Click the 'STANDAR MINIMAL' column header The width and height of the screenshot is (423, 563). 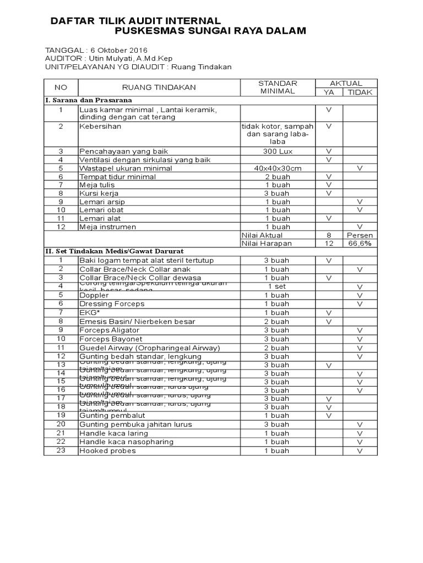278,87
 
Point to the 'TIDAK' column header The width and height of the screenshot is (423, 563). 360,92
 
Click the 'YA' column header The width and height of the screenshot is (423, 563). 329,92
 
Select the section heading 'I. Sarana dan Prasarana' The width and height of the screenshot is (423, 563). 89,101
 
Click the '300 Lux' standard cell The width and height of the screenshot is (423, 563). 278,151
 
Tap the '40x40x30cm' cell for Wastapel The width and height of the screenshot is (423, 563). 278,168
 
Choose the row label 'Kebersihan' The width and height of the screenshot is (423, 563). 101,126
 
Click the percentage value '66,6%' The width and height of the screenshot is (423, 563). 360,244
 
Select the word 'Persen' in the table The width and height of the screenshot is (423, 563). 360,235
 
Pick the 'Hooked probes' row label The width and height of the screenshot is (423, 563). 107,451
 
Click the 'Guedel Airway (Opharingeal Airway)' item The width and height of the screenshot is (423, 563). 150,347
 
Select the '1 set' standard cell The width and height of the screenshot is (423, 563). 278,286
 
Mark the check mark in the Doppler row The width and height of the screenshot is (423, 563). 360,295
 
